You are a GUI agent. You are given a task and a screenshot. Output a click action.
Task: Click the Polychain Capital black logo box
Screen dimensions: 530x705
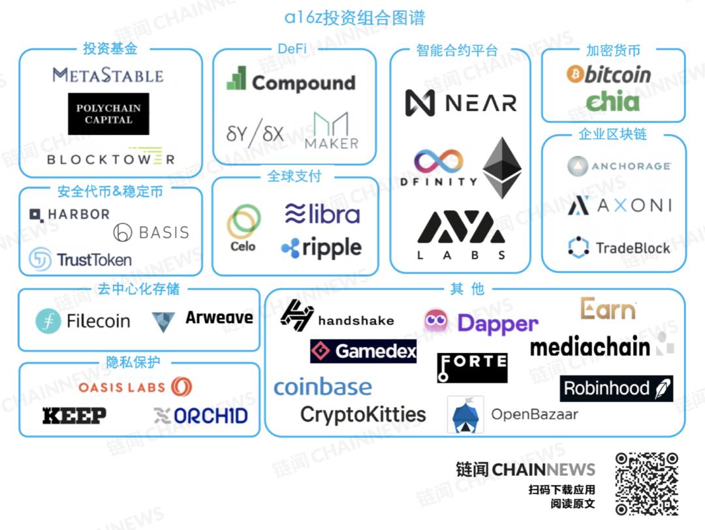point(108,114)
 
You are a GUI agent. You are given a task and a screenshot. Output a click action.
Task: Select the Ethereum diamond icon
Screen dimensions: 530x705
point(502,168)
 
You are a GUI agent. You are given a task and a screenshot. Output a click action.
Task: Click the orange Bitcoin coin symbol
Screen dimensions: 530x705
point(575,74)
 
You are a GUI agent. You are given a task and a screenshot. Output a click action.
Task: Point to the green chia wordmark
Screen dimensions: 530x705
point(612,101)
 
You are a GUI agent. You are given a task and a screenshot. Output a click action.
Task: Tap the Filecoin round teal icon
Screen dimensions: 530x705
point(48,320)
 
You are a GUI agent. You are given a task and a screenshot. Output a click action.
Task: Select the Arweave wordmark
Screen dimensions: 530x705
point(219,318)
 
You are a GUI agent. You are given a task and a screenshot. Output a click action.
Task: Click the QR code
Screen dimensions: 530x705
point(647,483)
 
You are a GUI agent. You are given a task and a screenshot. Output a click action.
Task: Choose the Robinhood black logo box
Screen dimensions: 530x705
point(616,388)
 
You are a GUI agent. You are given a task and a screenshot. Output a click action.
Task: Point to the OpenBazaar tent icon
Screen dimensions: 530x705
point(465,414)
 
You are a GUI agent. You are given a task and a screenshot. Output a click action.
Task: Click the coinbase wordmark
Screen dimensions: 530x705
point(322,387)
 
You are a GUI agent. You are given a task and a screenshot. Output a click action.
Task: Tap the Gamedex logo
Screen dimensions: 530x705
point(363,352)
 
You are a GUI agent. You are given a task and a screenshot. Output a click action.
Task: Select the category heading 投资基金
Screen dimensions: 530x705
point(110,49)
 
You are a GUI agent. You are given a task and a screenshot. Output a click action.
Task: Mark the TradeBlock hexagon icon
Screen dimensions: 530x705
point(578,248)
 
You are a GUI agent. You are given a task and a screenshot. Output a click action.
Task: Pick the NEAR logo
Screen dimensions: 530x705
point(461,102)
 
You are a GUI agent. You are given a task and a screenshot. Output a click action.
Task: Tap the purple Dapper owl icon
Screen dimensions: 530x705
point(437,320)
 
